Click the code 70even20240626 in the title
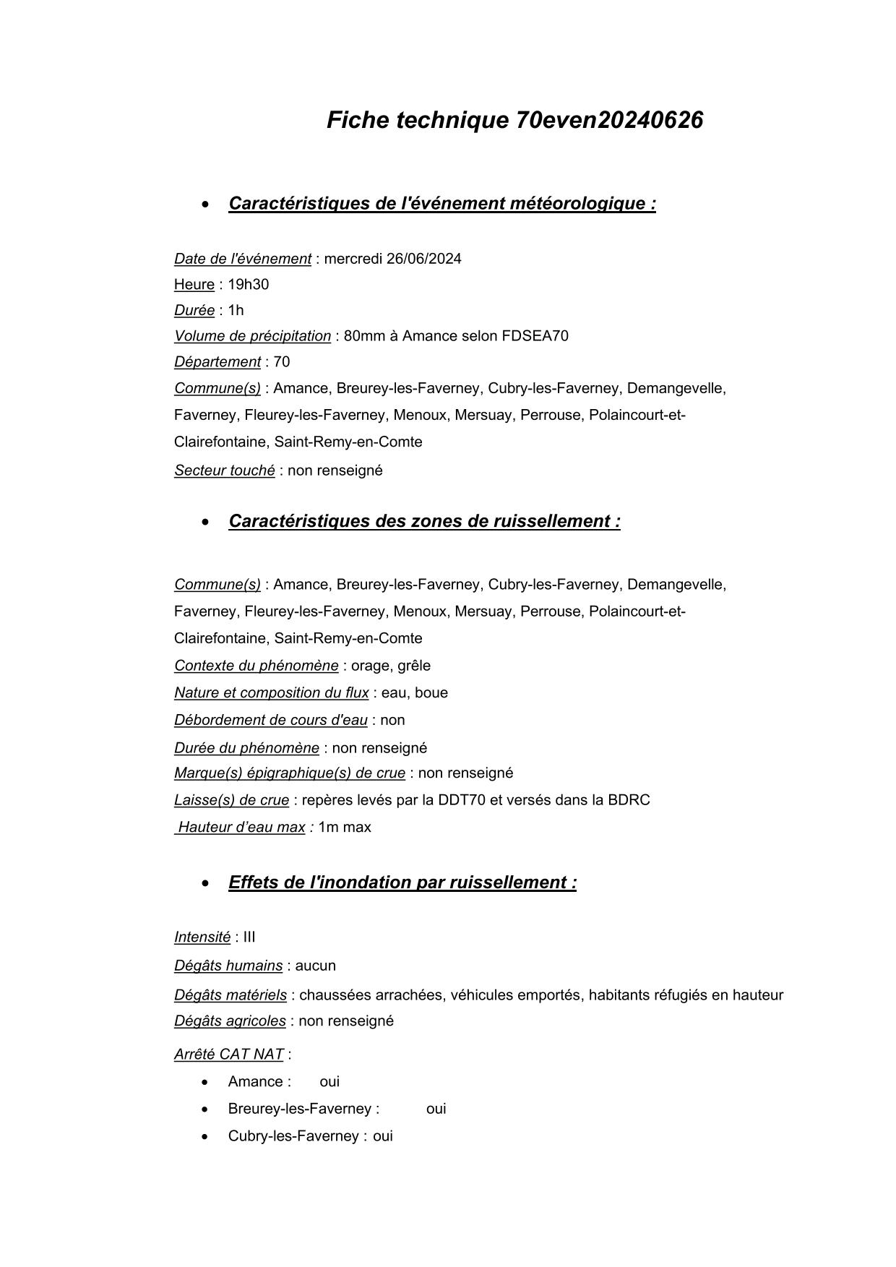click(x=609, y=120)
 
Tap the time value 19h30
click(x=248, y=285)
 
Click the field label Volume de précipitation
click(x=252, y=336)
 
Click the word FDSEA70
click(x=535, y=336)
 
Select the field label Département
click(x=217, y=362)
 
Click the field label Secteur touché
click(x=224, y=471)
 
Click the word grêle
click(x=413, y=666)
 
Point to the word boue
click(x=431, y=693)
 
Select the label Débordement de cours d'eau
click(x=270, y=720)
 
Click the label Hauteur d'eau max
click(x=241, y=828)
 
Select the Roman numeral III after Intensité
click(x=249, y=937)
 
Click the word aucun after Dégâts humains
click(x=315, y=966)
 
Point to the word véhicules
click(x=481, y=995)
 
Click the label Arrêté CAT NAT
click(x=228, y=1055)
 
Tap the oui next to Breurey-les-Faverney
click(x=436, y=1109)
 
